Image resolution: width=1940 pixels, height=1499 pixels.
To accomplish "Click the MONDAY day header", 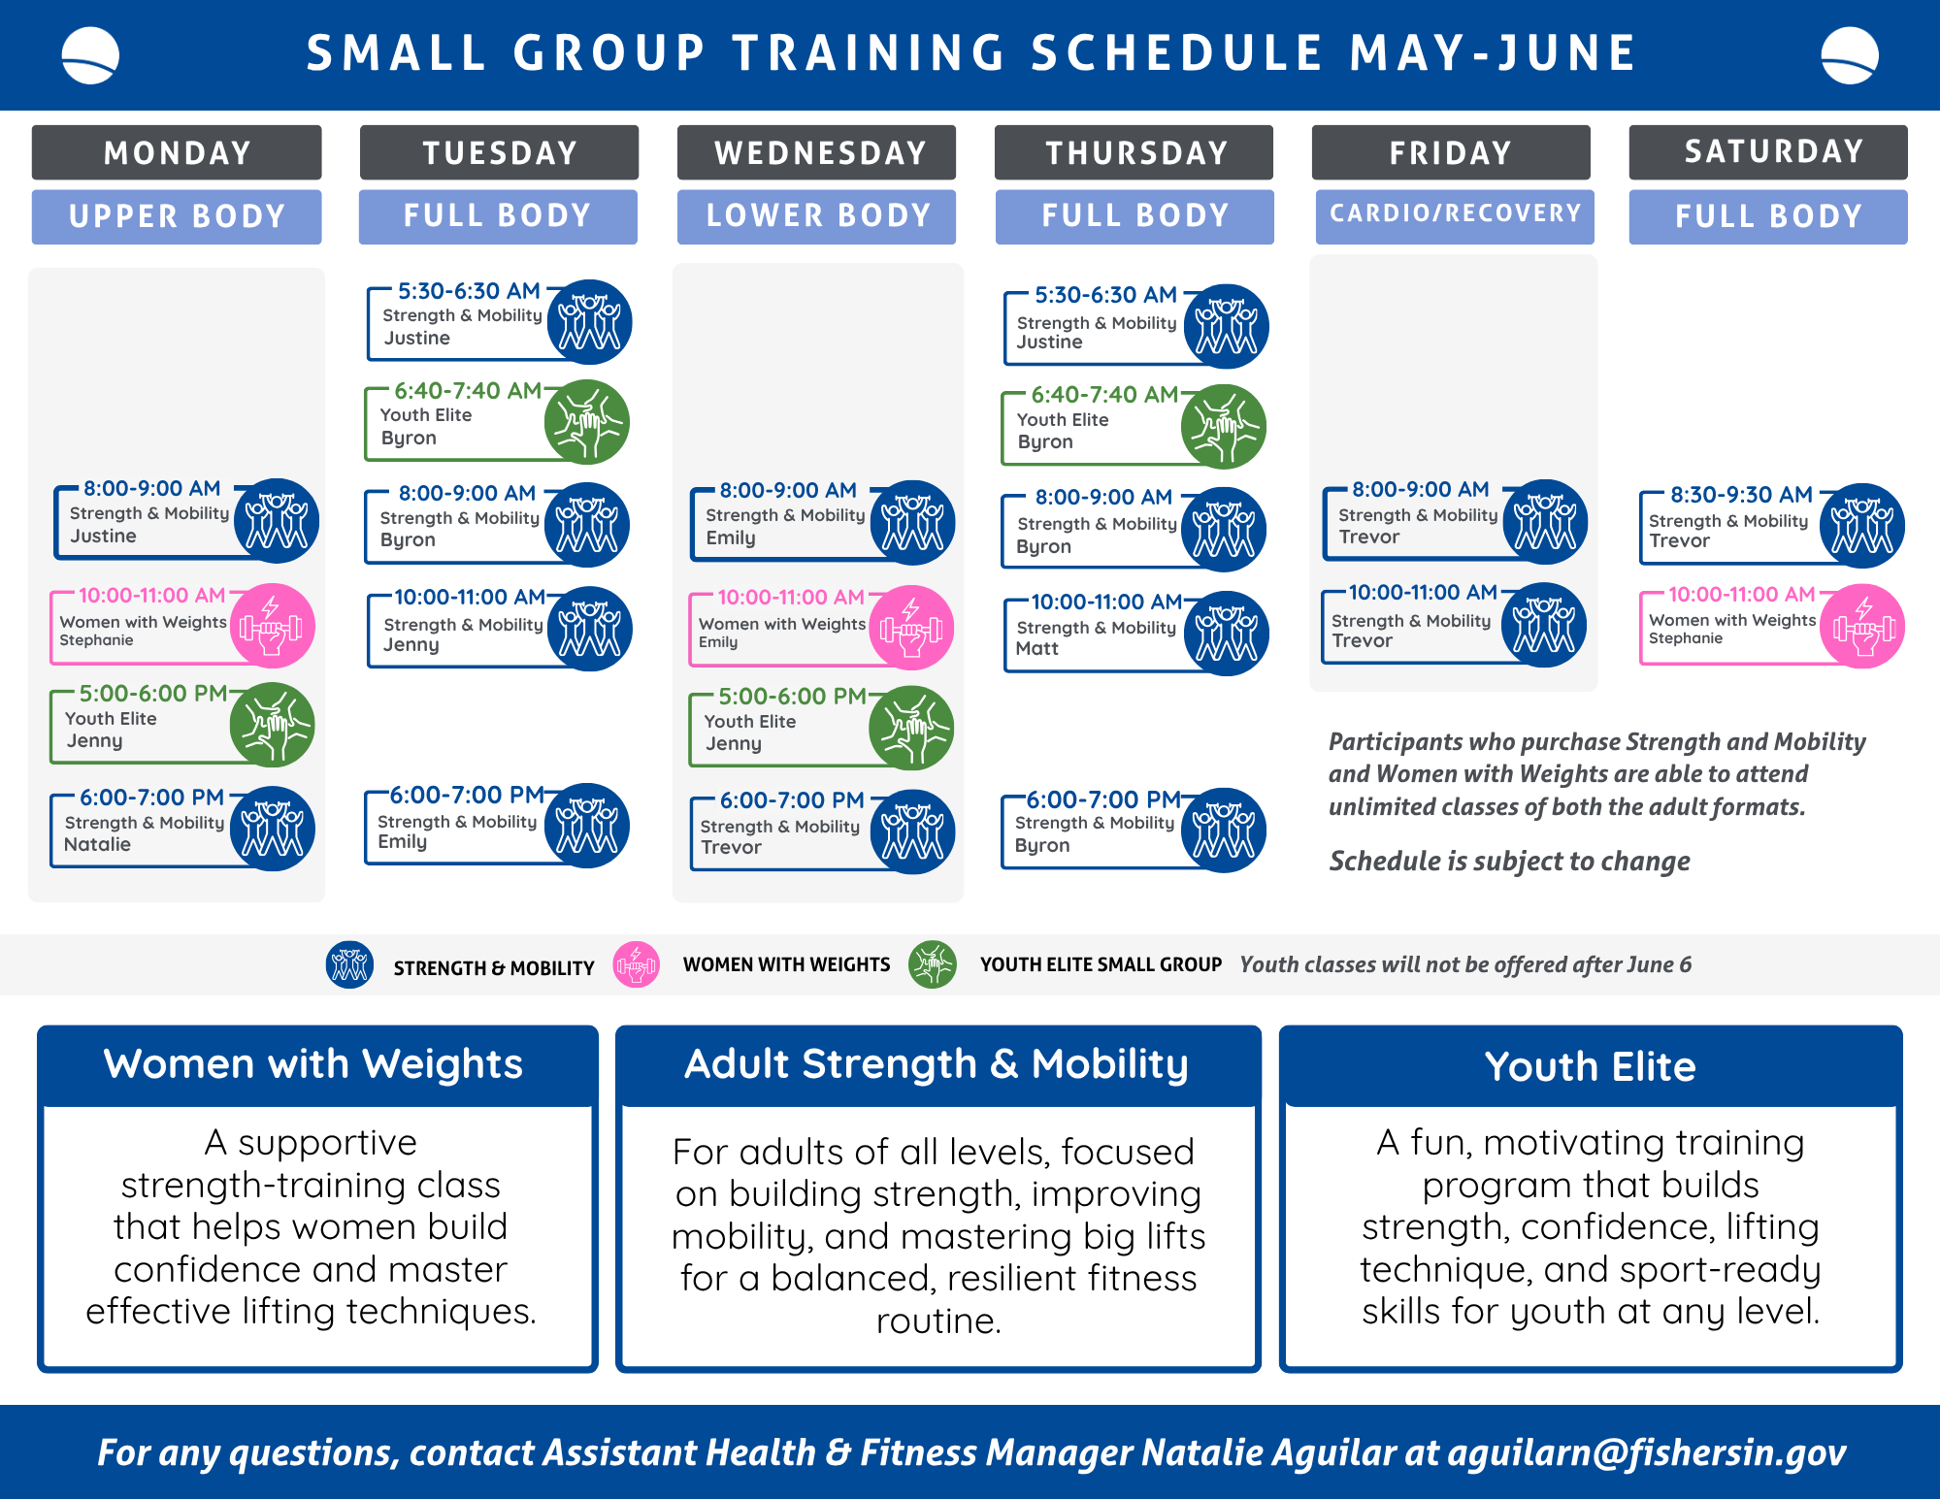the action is pyautogui.click(x=177, y=152).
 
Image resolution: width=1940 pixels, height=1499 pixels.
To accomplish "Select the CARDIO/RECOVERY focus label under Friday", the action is pyautogui.click(x=1455, y=213).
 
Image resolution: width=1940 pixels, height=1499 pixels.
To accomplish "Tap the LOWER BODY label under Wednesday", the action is pyautogui.click(x=817, y=215).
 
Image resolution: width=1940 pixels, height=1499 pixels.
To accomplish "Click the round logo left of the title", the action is pyautogui.click(x=90, y=55).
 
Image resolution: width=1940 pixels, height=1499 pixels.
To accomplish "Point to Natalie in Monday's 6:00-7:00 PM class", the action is pyautogui.click(x=97, y=844).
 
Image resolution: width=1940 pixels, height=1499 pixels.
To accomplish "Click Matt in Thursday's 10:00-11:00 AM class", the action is pyautogui.click(x=1036, y=648).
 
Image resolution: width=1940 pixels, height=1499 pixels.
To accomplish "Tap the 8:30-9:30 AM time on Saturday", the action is pyautogui.click(x=1741, y=495).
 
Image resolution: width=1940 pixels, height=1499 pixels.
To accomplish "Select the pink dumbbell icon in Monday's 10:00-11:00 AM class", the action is pyautogui.click(x=272, y=626).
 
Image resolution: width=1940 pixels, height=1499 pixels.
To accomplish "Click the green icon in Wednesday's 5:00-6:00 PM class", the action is pyautogui.click(x=911, y=728).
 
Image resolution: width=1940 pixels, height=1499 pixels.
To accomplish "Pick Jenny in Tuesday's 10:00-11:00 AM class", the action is pyautogui.click(x=411, y=645).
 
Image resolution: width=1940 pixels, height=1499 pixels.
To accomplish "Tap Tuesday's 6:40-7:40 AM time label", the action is pyautogui.click(x=468, y=391).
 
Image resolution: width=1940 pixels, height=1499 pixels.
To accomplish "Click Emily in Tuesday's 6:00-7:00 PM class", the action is pyautogui.click(x=402, y=842).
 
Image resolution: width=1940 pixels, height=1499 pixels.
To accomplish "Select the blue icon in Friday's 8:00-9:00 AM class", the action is pyautogui.click(x=1545, y=522).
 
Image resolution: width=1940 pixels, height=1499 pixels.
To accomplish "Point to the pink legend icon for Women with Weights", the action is pyautogui.click(x=637, y=965).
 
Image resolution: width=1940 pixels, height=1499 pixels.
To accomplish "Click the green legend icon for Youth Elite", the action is pyautogui.click(x=933, y=964).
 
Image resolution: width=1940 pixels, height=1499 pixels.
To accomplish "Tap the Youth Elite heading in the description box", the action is pyautogui.click(x=1591, y=1066).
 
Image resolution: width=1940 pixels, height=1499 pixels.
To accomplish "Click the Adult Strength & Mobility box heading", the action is pyautogui.click(x=937, y=1064).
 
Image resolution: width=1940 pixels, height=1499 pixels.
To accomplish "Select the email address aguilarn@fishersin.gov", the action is pyautogui.click(x=1647, y=1452).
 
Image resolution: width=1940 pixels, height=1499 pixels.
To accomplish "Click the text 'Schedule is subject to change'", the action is pyautogui.click(x=1510, y=862).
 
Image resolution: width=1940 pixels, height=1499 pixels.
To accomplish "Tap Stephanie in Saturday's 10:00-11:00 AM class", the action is pyautogui.click(x=1686, y=638).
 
